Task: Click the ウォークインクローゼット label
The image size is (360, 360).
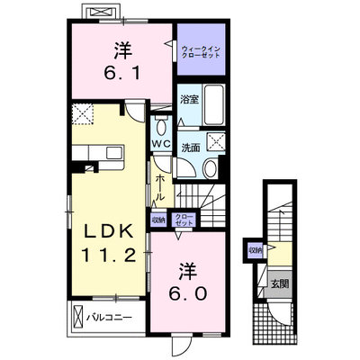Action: click(201, 52)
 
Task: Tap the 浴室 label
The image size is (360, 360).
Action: click(189, 99)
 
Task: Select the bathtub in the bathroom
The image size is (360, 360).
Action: click(213, 105)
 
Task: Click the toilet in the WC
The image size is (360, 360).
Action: click(161, 127)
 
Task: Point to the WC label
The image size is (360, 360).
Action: click(161, 144)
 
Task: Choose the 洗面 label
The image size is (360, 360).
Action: click(191, 148)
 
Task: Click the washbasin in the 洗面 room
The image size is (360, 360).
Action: click(211, 168)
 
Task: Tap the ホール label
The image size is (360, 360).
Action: click(160, 188)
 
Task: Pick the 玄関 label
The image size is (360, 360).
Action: click(280, 283)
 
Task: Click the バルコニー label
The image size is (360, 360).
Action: click(110, 317)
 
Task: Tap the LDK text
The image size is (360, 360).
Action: click(109, 231)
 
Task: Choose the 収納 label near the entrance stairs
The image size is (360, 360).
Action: click(256, 249)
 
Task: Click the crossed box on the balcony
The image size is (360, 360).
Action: click(77, 317)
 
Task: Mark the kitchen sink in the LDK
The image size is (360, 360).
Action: click(115, 153)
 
